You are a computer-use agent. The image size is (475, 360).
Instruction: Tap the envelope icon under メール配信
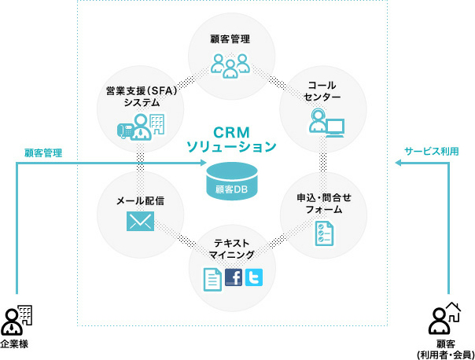click(139, 223)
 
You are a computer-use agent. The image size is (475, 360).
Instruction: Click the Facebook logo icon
click(233, 277)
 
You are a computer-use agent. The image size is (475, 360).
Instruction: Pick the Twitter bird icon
click(253, 277)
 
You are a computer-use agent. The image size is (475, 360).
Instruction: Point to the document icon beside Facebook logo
click(211, 278)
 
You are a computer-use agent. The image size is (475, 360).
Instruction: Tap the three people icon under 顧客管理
click(230, 64)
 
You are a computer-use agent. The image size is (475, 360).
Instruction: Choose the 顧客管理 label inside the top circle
click(230, 37)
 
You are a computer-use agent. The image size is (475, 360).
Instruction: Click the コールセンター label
click(323, 90)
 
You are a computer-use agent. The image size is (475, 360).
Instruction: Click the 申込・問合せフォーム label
click(323, 204)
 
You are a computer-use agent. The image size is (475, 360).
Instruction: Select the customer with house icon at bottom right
click(444, 319)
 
